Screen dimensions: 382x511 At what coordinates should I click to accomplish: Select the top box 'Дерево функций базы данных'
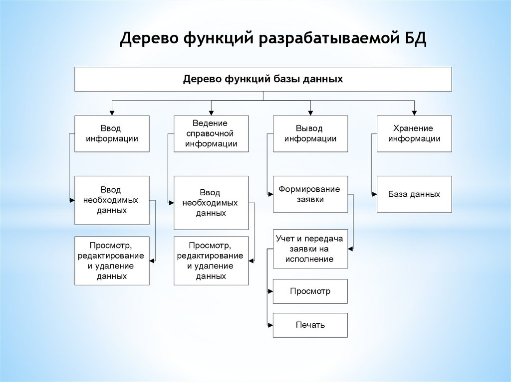tap(263, 79)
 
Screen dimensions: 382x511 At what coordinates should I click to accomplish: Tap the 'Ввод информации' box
tap(112, 133)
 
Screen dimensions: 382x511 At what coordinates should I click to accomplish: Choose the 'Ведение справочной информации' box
tap(211, 133)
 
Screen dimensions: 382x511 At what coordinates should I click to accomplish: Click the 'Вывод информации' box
tap(310, 133)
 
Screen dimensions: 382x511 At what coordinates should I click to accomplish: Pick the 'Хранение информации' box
tap(414, 133)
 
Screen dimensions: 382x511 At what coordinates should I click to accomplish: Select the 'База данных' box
tap(414, 194)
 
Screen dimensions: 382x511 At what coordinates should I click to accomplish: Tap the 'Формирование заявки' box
tap(310, 194)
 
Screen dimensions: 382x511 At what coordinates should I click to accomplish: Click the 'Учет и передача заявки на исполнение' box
tap(310, 249)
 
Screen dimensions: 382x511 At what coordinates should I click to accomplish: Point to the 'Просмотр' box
tap(310, 291)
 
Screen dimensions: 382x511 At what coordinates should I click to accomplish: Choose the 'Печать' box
tap(310, 325)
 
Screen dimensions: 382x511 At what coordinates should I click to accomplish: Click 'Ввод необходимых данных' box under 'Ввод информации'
tap(112, 200)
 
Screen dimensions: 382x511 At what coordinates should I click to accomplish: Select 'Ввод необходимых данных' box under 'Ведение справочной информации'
tap(211, 202)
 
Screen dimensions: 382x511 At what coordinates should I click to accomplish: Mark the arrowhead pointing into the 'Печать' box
tap(270, 325)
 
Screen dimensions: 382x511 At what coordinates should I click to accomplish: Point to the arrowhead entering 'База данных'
tap(374, 194)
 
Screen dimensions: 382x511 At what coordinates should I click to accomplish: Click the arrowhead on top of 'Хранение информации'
tap(414, 113)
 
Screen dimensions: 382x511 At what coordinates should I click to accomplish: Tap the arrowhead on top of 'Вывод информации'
tap(310, 113)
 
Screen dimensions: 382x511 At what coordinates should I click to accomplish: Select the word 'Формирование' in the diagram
tap(309, 189)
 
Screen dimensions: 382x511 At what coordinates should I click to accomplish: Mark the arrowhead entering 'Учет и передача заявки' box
tap(351, 248)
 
